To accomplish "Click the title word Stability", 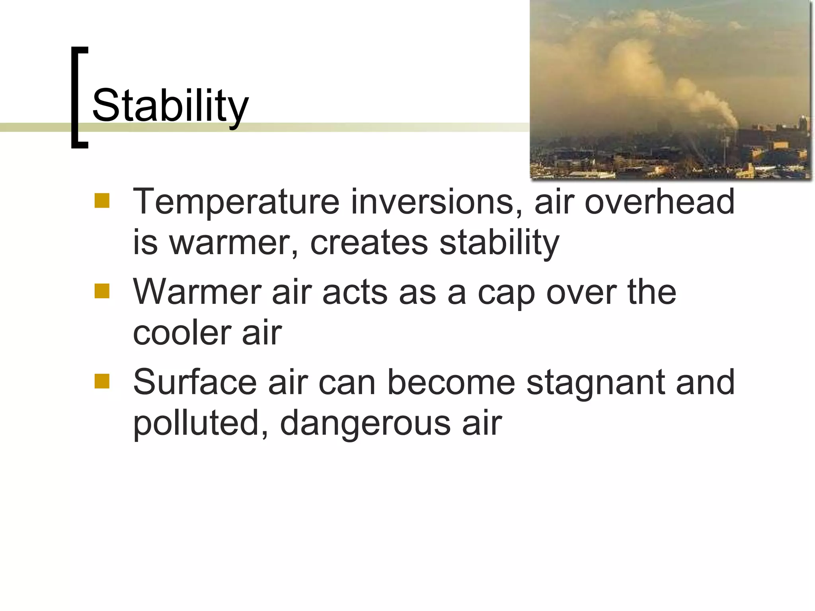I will [170, 105].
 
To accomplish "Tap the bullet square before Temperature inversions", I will [102, 201].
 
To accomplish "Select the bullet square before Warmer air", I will [102, 291].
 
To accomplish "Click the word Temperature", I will [236, 202].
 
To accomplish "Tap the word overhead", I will [659, 202].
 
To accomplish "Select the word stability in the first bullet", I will [499, 243].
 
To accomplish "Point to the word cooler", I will [181, 333].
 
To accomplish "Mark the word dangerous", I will [365, 424].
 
